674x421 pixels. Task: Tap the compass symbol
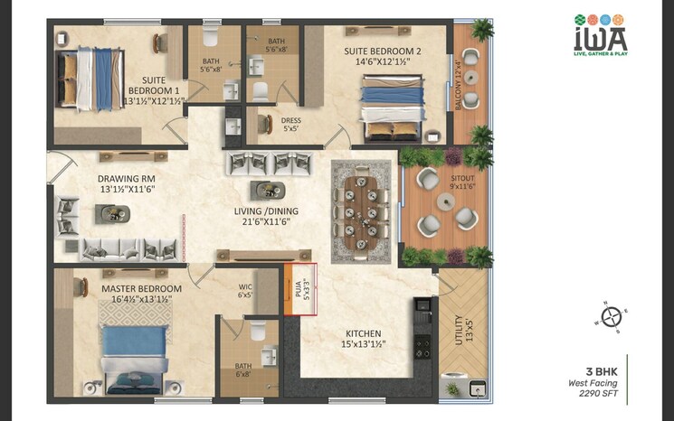coord(612,316)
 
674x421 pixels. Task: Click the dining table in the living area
coord(365,210)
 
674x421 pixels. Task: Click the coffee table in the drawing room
coord(114,213)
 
